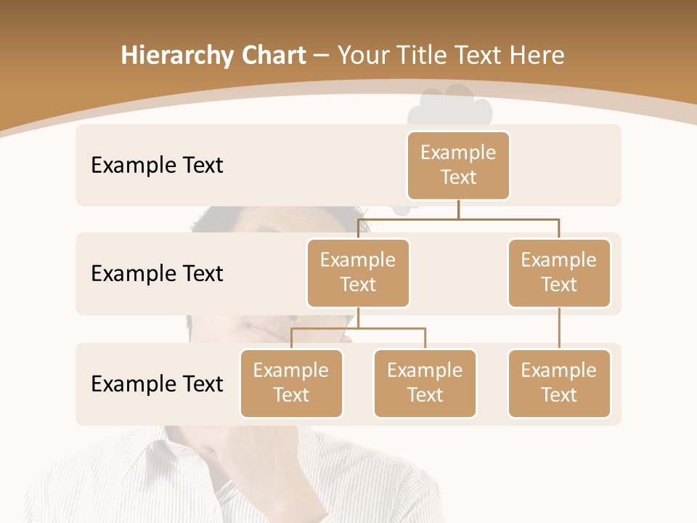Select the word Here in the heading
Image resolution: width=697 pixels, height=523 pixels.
click(536, 55)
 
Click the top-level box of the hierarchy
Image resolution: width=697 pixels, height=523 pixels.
click(458, 166)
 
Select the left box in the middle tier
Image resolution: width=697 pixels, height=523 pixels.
click(358, 273)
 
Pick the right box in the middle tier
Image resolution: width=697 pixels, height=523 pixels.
click(559, 273)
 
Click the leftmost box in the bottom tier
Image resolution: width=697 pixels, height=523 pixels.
click(291, 384)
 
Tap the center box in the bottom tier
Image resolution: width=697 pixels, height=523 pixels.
click(425, 384)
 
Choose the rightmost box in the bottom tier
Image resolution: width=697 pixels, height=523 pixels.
click(559, 384)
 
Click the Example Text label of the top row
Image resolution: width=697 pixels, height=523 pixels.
click(157, 166)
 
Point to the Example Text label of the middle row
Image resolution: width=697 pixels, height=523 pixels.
click(157, 274)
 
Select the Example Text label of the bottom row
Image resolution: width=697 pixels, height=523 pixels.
click(157, 384)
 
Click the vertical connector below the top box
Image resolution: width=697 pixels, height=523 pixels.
click(458, 209)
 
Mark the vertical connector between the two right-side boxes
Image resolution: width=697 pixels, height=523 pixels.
click(559, 328)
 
